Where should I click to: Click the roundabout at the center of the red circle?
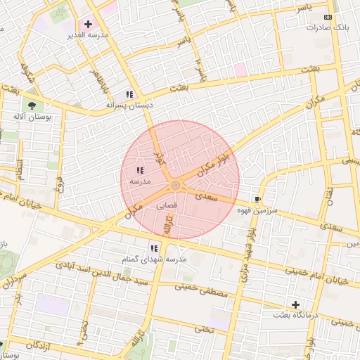pos(175,185)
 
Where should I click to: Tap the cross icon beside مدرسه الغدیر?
pos(88,24)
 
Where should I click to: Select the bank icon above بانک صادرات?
pos(328,16)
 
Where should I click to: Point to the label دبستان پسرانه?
pos(129,105)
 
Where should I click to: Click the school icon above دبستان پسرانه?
pos(129,94)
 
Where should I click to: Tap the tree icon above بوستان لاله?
pos(32,105)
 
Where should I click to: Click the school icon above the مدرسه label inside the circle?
pos(140,170)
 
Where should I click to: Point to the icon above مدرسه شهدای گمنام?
pos(154,248)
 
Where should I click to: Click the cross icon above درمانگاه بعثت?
pos(295,304)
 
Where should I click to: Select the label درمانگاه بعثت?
pos(295,316)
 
